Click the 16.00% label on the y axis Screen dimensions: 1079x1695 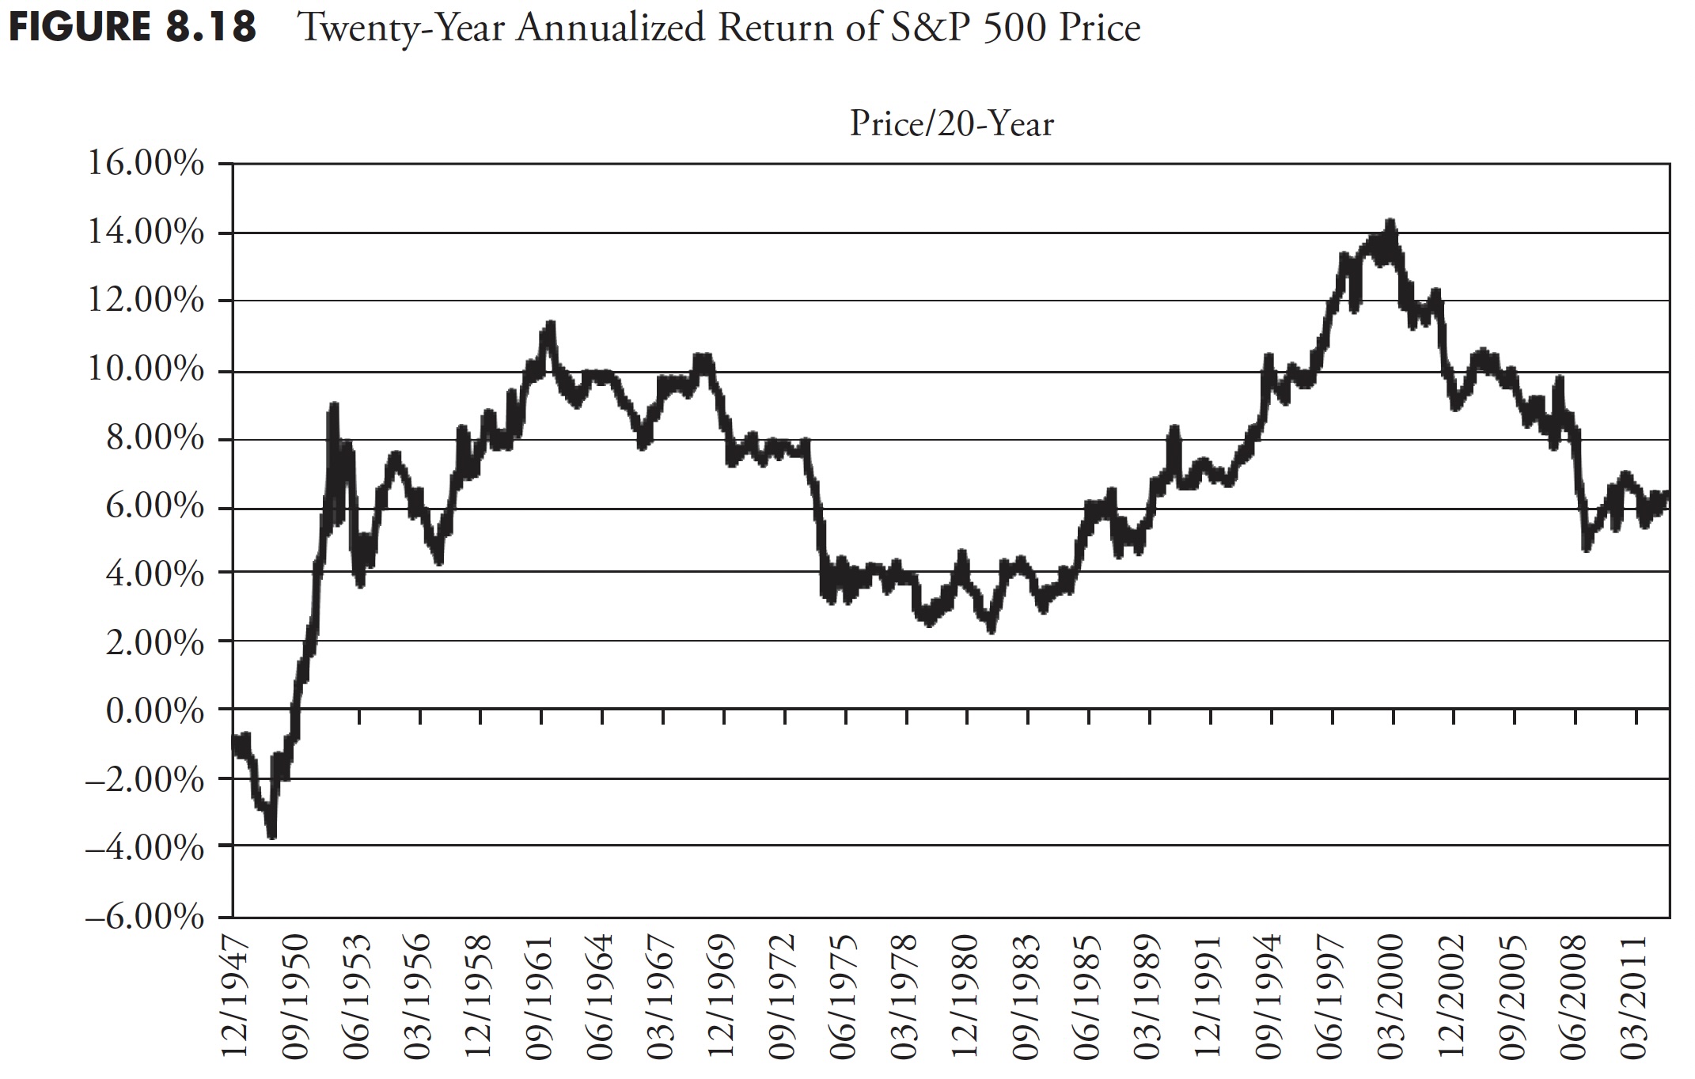tap(145, 165)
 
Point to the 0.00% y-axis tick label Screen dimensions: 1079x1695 tap(154, 712)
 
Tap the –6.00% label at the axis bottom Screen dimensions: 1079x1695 tap(145, 918)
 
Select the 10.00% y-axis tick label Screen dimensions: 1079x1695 tap(145, 369)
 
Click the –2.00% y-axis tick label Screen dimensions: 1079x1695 tap(145, 780)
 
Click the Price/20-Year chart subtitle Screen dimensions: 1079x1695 tap(951, 125)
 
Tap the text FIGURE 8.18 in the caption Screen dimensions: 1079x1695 tap(131, 28)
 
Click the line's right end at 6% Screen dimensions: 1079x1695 tap(1667, 495)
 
